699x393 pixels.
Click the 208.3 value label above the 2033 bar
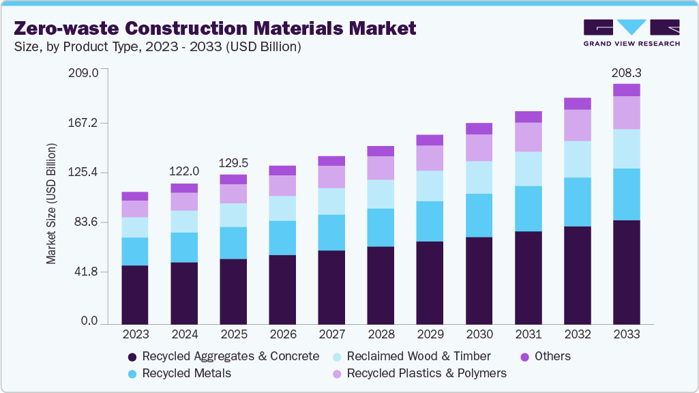coord(627,72)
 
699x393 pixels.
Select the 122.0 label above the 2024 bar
coord(185,171)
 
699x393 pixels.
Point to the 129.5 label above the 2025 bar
coord(233,163)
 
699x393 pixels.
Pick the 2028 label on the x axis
coord(381,334)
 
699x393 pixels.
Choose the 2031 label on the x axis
coord(528,334)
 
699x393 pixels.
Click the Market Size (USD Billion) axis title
coord(51,204)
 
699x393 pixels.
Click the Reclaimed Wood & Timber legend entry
coord(418,356)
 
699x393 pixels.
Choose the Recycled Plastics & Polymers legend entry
coord(426,373)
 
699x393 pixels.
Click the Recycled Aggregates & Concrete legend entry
coord(230,356)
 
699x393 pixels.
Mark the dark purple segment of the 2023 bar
coord(135,293)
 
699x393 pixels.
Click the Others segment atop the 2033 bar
coord(626,90)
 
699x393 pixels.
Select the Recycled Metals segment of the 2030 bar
coord(479,215)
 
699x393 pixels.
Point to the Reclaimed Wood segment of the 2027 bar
coord(331,201)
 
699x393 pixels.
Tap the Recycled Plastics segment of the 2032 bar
coord(577,125)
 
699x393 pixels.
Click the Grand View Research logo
coord(631,33)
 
